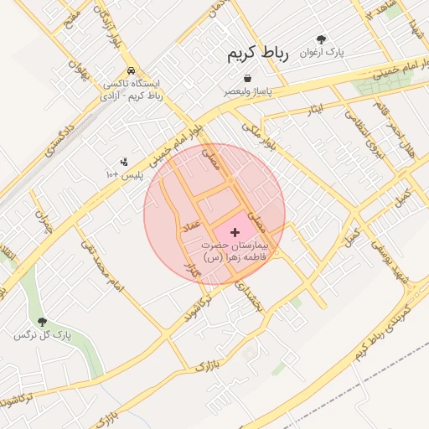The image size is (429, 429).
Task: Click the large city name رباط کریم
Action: pos(258,54)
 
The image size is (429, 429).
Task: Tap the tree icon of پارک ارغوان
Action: pos(321,39)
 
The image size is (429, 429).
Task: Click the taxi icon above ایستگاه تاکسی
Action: pos(131,71)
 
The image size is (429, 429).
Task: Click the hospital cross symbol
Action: pos(234,230)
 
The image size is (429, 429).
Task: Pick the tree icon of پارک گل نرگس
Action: pos(42,322)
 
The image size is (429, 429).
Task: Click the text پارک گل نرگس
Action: pos(42,336)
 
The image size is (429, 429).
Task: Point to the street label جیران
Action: pos(44,220)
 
